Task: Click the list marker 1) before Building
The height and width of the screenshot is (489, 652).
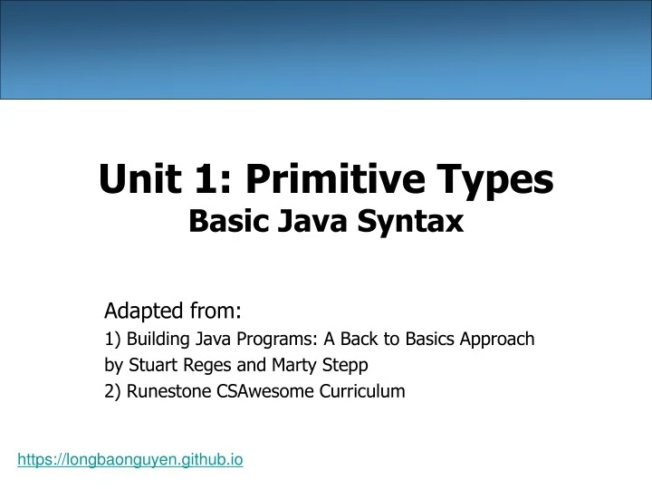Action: [113, 339]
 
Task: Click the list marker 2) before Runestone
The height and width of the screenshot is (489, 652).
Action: [113, 391]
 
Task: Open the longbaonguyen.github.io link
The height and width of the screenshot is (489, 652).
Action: [130, 460]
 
